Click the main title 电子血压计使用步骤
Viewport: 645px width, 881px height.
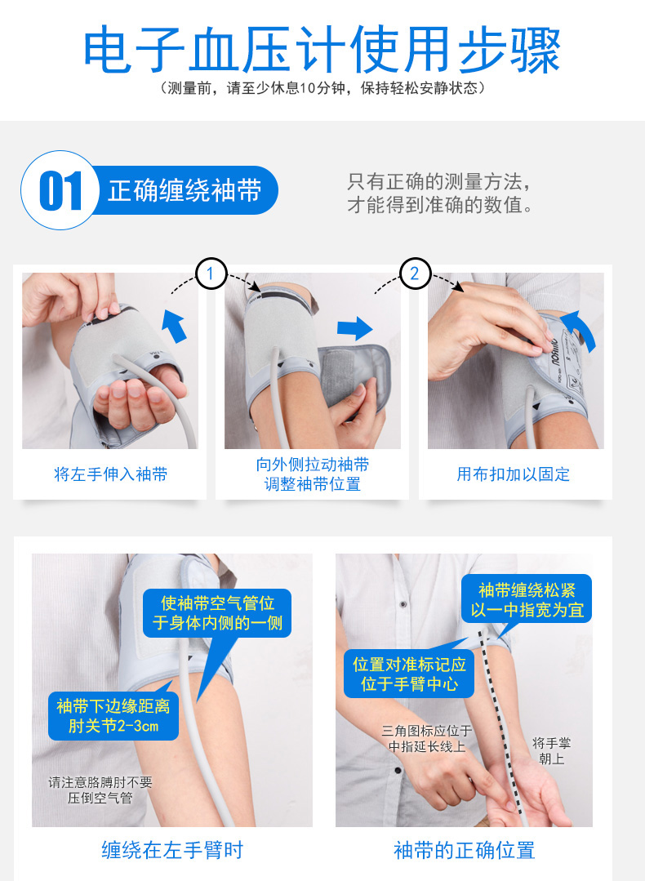pyautogui.click(x=322, y=50)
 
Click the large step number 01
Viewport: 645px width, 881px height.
pyautogui.click(x=60, y=190)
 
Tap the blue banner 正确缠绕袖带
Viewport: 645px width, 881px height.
pyautogui.click(x=185, y=190)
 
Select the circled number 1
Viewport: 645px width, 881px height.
pyautogui.click(x=211, y=274)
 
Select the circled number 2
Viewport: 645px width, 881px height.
pyautogui.click(x=415, y=274)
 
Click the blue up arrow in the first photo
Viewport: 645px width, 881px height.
pyautogui.click(x=175, y=325)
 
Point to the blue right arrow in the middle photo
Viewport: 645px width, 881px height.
pyautogui.click(x=355, y=328)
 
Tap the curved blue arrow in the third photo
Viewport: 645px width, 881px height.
pyautogui.click(x=579, y=331)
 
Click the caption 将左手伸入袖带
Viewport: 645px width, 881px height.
pyautogui.click(x=111, y=474)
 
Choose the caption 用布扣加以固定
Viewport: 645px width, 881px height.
pyautogui.click(x=514, y=474)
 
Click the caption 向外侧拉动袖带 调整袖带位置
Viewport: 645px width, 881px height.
pyautogui.click(x=313, y=474)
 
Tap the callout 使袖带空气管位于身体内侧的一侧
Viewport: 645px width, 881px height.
pyautogui.click(x=217, y=613)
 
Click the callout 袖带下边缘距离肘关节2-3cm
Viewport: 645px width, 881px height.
pyautogui.click(x=113, y=715)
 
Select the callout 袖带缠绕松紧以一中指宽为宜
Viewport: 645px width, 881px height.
pyautogui.click(x=527, y=599)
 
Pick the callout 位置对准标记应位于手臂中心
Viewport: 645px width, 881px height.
pyautogui.click(x=409, y=674)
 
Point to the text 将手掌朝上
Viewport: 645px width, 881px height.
pyautogui.click(x=552, y=751)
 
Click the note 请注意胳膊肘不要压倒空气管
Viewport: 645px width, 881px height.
pyautogui.click(x=100, y=790)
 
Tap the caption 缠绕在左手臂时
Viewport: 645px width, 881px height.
pyautogui.click(x=172, y=850)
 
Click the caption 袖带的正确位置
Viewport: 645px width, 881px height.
pyautogui.click(x=464, y=850)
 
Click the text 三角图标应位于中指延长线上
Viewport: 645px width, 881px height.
pyautogui.click(x=427, y=738)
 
